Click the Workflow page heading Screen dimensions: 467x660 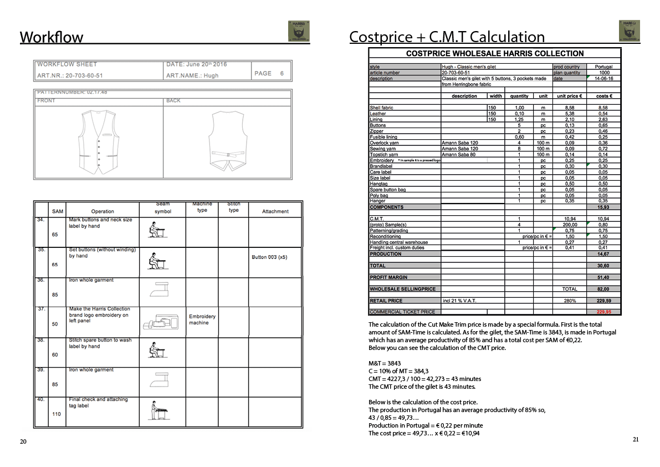(x=52, y=37)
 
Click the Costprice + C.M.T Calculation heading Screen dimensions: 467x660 (x=447, y=37)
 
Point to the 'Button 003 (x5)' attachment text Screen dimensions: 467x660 (x=269, y=257)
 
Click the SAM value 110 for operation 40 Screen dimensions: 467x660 (x=57, y=414)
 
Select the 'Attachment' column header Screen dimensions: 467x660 (x=275, y=211)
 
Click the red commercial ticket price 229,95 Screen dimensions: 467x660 (x=603, y=312)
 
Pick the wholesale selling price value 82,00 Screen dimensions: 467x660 (x=603, y=289)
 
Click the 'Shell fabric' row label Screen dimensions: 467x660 (x=381, y=108)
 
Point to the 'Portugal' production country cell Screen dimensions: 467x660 (x=603, y=67)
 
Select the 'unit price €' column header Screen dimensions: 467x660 (x=569, y=96)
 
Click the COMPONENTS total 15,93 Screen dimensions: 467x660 (x=603, y=207)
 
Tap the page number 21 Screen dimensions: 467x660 (x=636, y=439)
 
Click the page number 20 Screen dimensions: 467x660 (x=23, y=441)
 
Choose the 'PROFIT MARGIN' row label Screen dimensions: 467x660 (x=388, y=277)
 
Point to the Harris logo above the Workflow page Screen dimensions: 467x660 (x=299, y=32)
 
